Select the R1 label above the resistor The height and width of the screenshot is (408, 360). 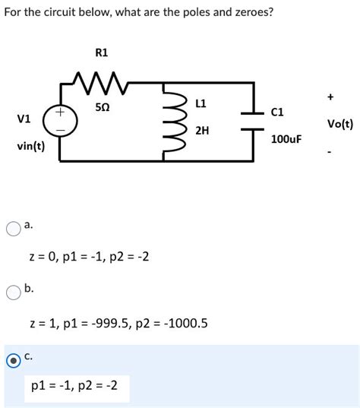[x=102, y=52]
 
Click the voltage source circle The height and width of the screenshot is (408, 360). [x=59, y=122]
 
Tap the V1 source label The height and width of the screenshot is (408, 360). [x=24, y=119]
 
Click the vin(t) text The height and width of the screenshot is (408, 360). [x=30, y=146]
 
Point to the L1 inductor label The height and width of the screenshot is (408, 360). [x=201, y=103]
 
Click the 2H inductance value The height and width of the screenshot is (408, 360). [x=201, y=131]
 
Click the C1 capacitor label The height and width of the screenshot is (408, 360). [x=277, y=112]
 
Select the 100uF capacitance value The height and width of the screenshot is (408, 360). [x=286, y=140]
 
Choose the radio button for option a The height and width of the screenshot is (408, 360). [x=12, y=226]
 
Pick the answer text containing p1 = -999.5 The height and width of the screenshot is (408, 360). [x=118, y=323]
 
